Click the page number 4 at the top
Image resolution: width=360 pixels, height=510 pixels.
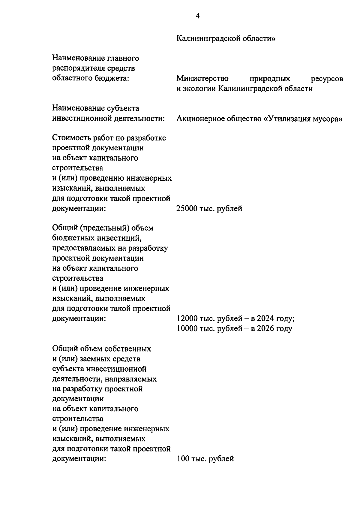click(x=197, y=16)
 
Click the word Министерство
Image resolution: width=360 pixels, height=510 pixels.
click(x=202, y=79)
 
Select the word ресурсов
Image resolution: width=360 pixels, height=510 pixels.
click(x=327, y=79)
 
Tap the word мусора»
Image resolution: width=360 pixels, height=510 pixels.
click(x=327, y=119)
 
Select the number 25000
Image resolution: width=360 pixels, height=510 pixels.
click(x=187, y=209)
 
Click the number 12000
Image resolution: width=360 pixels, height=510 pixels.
click(x=187, y=319)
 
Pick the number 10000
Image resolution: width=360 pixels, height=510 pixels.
click(x=187, y=329)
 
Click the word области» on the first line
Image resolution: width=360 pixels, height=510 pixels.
click(x=259, y=39)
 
